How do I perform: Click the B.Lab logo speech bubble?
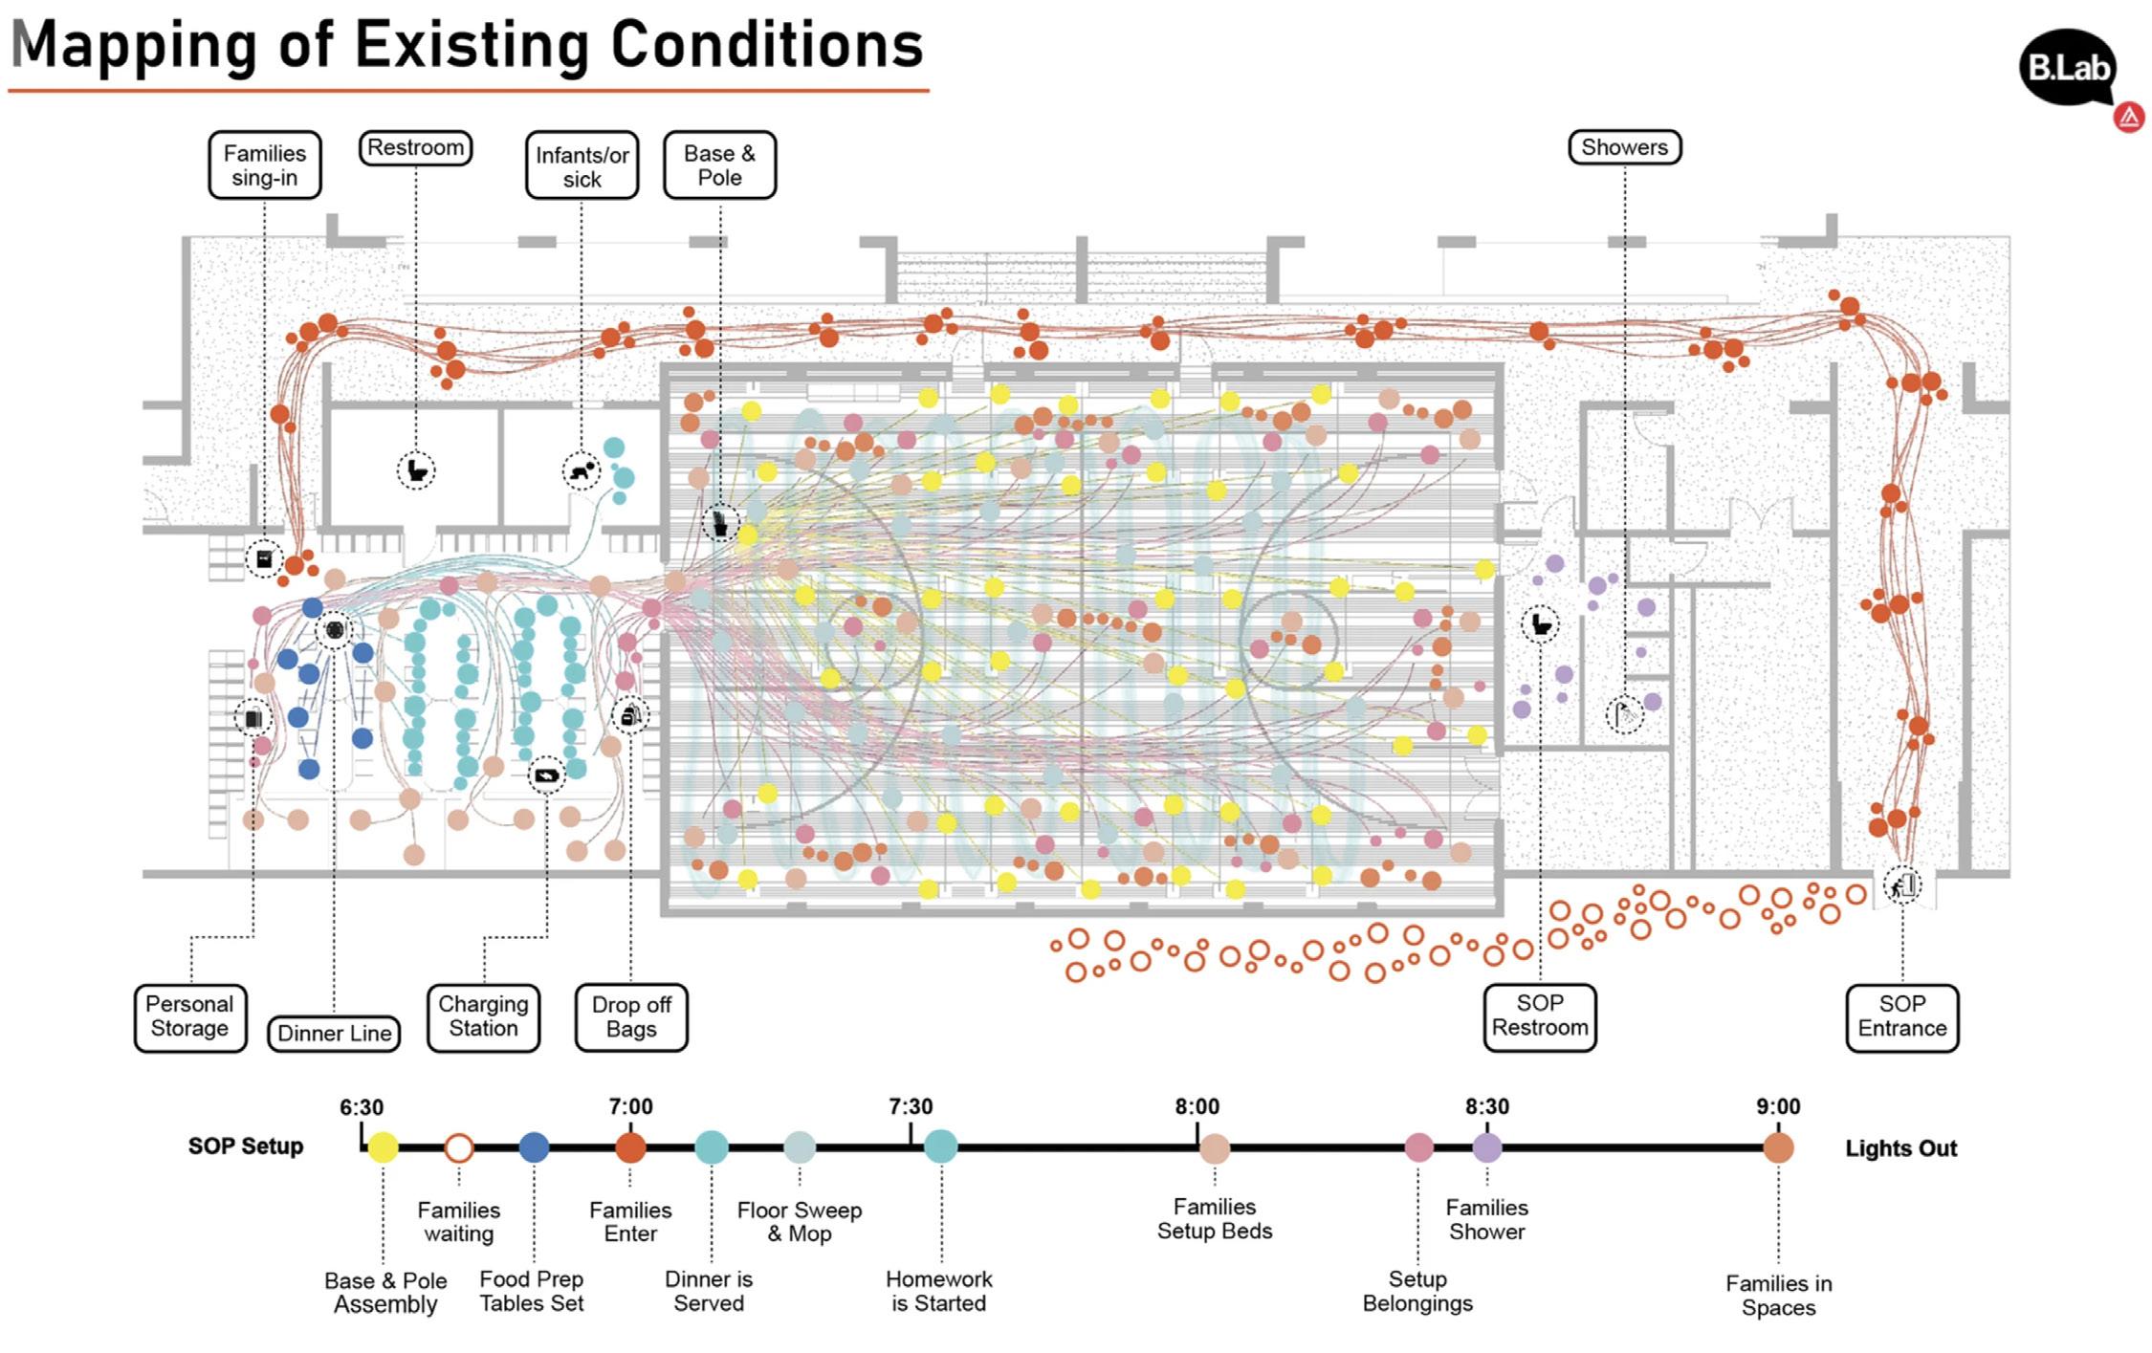[2067, 68]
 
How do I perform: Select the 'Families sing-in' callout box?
[265, 165]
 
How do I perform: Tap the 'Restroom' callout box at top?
[415, 148]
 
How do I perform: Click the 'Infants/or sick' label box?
[582, 165]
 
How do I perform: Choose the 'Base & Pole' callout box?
[719, 165]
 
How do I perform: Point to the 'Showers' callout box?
[1624, 147]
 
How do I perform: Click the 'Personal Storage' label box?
[189, 1017]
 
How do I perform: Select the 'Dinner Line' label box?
[334, 1034]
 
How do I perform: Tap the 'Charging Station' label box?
[483, 1017]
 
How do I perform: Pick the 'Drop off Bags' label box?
[631, 1017]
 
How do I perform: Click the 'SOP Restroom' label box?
[1540, 1016]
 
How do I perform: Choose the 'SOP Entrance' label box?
[1901, 1017]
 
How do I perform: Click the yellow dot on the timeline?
[383, 1147]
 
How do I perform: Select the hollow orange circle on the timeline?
[459, 1147]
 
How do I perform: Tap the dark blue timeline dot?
[534, 1147]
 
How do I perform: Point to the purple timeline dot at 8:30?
[1487, 1147]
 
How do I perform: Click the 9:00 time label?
[1778, 1107]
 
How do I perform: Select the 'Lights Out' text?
[1900, 1148]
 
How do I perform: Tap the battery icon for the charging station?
[547, 775]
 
